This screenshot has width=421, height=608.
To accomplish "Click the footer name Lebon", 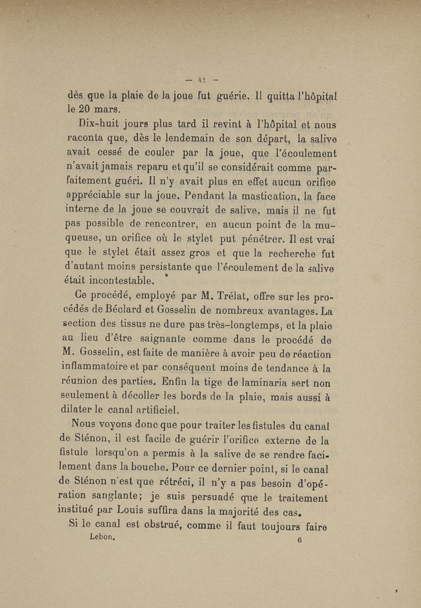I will click(103, 538).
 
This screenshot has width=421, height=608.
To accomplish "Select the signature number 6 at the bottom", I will click(298, 541).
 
